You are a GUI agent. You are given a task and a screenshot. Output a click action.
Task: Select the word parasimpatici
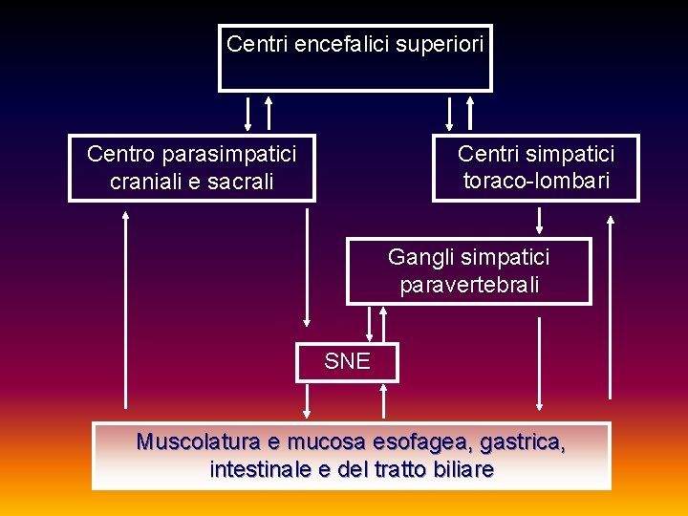tap(228, 153)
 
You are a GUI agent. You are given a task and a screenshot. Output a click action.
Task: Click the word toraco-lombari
tap(536, 181)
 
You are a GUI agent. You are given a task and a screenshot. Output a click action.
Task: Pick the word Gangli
tap(421, 256)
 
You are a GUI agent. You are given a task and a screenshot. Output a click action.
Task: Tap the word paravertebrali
tap(469, 285)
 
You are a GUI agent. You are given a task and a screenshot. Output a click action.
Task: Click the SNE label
tap(347, 361)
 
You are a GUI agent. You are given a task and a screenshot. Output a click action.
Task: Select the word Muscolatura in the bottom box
tap(198, 441)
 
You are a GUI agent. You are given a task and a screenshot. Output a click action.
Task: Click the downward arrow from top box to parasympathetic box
tap(248, 112)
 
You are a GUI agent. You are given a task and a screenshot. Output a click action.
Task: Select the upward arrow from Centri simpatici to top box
tap(470, 112)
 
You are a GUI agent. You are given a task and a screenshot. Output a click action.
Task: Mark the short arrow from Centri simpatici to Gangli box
tap(540, 221)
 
